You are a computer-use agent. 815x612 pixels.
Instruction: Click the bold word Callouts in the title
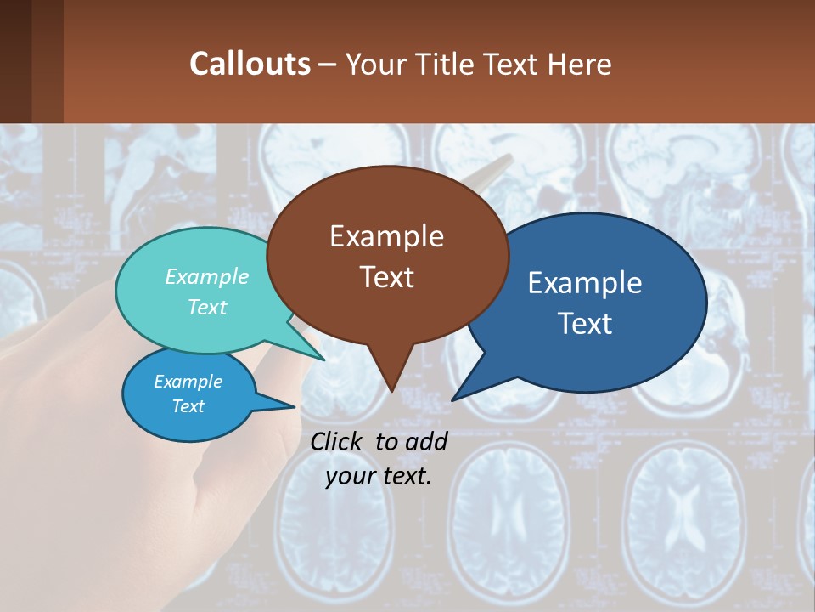(250, 64)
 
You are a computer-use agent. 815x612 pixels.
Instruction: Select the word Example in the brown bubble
(386, 236)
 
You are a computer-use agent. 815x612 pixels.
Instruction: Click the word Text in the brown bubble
(386, 277)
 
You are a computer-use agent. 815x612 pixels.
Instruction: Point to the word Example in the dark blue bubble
(584, 283)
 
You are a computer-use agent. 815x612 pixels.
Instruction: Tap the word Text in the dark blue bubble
(584, 324)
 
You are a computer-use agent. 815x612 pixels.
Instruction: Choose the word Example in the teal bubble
(207, 277)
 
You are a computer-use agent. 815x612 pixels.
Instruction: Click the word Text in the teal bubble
(207, 307)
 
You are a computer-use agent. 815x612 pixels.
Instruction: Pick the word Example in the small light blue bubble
(188, 382)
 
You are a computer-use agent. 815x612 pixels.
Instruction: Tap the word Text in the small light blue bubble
(188, 406)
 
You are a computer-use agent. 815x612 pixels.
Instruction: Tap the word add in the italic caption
(426, 441)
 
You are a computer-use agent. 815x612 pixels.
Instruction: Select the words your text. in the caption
(379, 476)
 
